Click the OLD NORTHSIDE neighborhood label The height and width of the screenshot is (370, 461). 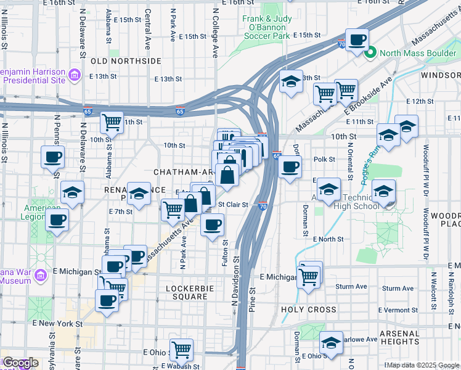[126, 61]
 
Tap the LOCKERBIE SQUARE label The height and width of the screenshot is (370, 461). [187, 292]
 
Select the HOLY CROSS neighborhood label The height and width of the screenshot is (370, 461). [308, 310]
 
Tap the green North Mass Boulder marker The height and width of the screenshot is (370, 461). [370, 52]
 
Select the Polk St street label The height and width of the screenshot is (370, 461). [324, 159]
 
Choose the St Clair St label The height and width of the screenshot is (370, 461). [233, 204]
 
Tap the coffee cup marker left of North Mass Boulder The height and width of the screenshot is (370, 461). [356, 41]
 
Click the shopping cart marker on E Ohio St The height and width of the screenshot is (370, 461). [181, 350]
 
